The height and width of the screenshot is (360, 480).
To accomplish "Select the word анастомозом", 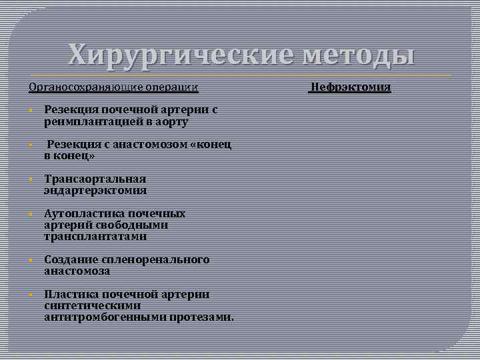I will click(x=139, y=145).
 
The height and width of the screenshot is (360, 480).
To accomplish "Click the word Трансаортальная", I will click(x=95, y=179).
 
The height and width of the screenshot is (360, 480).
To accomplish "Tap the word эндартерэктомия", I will click(x=95, y=191).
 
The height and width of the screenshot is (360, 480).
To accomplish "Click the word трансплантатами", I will click(x=95, y=237).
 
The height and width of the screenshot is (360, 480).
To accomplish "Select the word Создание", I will click(x=70, y=260).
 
